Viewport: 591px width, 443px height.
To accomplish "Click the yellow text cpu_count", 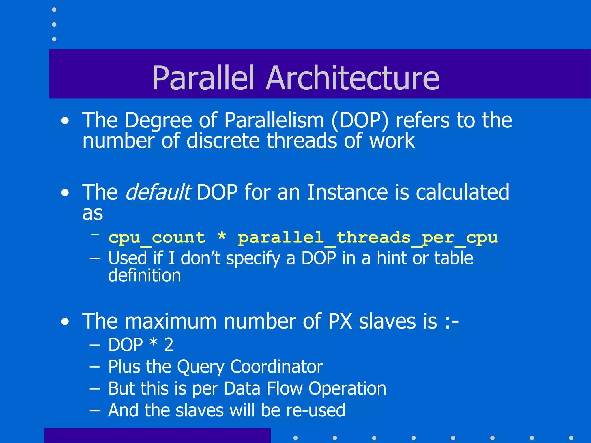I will pos(157,238).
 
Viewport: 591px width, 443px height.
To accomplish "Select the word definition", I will pos(144,276).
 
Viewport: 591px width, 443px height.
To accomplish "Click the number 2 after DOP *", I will pos(169,345).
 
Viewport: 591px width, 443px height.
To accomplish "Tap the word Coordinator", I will pos(276,367).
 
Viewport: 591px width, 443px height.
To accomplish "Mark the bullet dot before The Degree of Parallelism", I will pos(65,121).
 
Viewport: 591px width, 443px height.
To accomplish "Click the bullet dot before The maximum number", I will pos(65,322).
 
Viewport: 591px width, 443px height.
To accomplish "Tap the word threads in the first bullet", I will pos(302,141).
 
